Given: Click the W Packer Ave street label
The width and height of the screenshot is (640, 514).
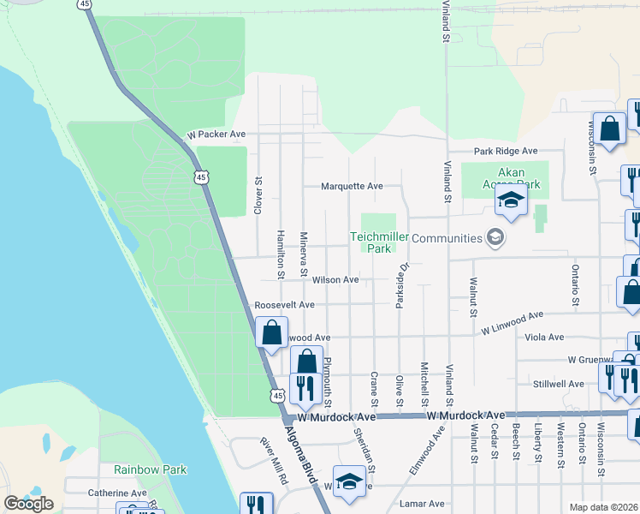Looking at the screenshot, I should pyautogui.click(x=216, y=134).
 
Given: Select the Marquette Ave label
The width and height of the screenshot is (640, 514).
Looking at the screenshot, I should pyautogui.click(x=352, y=186).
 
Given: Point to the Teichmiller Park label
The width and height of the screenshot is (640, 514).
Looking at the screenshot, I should pyautogui.click(x=374, y=242).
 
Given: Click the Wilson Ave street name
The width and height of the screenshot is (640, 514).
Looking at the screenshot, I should pyautogui.click(x=335, y=279).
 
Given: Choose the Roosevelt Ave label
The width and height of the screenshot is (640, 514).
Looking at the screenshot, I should pyautogui.click(x=285, y=305).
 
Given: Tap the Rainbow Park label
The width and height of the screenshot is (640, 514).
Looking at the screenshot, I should pyautogui.click(x=151, y=469).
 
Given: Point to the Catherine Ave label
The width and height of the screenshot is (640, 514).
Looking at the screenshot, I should pyautogui.click(x=117, y=493).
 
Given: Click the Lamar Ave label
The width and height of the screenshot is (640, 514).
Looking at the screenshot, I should pyautogui.click(x=424, y=504).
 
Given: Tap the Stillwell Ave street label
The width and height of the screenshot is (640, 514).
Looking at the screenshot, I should pyautogui.click(x=558, y=384).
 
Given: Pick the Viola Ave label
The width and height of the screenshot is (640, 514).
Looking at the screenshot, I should pyautogui.click(x=569, y=338).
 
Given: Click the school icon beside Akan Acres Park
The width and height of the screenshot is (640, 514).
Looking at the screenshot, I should pyautogui.click(x=511, y=201).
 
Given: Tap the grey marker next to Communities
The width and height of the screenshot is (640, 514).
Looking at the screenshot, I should pyautogui.click(x=494, y=237).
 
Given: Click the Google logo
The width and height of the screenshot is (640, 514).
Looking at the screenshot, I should pyautogui.click(x=28, y=504).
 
